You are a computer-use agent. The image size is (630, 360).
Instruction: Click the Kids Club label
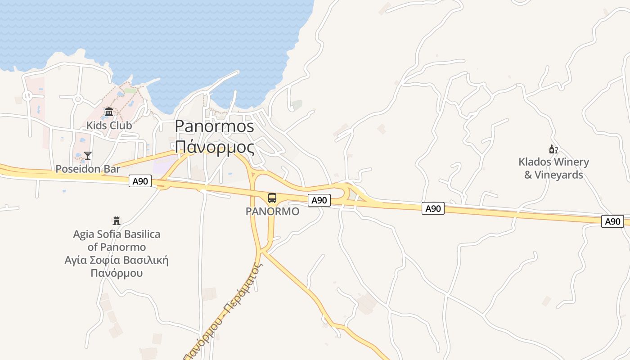(x=109, y=126)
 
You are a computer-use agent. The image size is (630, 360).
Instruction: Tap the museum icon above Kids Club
(x=109, y=112)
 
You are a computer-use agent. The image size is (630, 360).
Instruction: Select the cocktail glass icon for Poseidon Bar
(x=88, y=156)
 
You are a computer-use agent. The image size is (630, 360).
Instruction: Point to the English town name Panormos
(x=214, y=126)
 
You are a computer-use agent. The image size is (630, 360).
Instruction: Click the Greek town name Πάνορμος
(x=214, y=147)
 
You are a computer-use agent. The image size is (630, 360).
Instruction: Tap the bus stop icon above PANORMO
(x=272, y=198)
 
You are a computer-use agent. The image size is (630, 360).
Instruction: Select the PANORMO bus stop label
(x=272, y=211)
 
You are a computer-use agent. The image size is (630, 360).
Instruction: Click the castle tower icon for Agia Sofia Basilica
(x=117, y=220)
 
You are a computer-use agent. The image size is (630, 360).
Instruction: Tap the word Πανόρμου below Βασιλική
(x=117, y=273)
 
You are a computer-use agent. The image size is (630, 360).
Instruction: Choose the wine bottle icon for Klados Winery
(x=553, y=149)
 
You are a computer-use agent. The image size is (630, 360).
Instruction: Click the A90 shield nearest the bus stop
(x=319, y=200)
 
